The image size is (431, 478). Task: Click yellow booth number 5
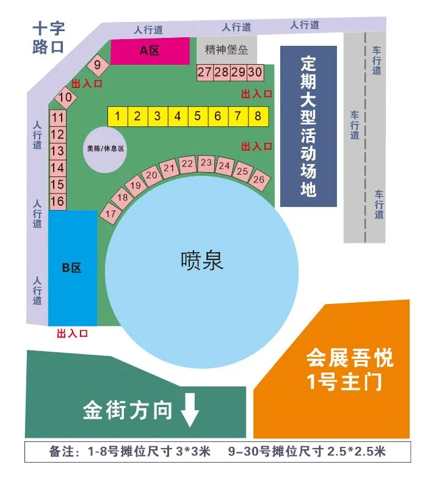point(197,116)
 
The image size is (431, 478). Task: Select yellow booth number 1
point(118,116)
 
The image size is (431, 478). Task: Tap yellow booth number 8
point(258,116)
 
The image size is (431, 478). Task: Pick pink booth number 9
point(97,63)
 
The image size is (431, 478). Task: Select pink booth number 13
point(57,151)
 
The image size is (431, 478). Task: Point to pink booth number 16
point(57,201)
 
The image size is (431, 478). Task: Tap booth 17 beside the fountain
point(111,214)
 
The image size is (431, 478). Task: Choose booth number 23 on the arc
point(206,162)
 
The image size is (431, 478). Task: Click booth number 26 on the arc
point(259,179)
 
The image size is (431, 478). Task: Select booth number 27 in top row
point(205,72)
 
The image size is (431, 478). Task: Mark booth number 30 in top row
point(255,72)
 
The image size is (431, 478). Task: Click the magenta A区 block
point(150,51)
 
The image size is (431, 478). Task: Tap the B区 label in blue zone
point(71,267)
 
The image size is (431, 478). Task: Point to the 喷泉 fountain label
point(202,261)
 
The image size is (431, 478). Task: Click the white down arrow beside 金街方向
point(190,410)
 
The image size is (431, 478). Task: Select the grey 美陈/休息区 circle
point(105,148)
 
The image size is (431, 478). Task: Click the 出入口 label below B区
point(73,333)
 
